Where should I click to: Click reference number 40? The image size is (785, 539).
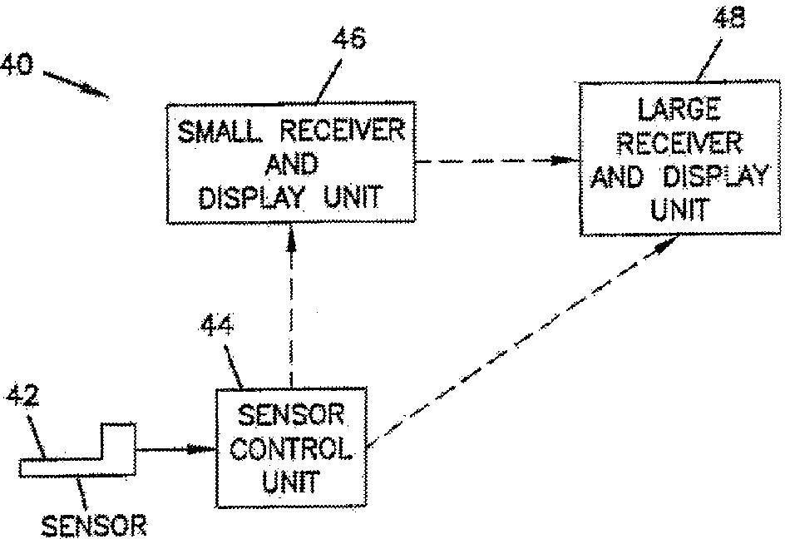pyautogui.click(x=16, y=65)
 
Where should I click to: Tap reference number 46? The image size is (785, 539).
pyautogui.click(x=349, y=38)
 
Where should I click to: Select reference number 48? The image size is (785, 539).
pyautogui.click(x=729, y=17)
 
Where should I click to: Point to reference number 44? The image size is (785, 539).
pyautogui.click(x=217, y=326)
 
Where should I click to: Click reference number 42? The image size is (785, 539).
pyautogui.click(x=22, y=397)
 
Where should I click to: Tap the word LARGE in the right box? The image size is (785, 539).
pyautogui.click(x=679, y=109)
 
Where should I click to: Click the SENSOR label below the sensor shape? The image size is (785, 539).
pyautogui.click(x=94, y=526)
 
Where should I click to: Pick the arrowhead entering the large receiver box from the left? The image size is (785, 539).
pyautogui.click(x=565, y=161)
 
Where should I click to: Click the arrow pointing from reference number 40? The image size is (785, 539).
pyautogui.click(x=76, y=84)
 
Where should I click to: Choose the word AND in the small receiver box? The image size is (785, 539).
pyautogui.click(x=291, y=164)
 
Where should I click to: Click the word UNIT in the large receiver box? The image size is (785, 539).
pyautogui.click(x=680, y=209)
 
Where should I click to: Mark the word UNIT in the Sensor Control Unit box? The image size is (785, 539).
pyautogui.click(x=290, y=482)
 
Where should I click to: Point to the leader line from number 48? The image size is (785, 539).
pyautogui.click(x=709, y=60)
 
